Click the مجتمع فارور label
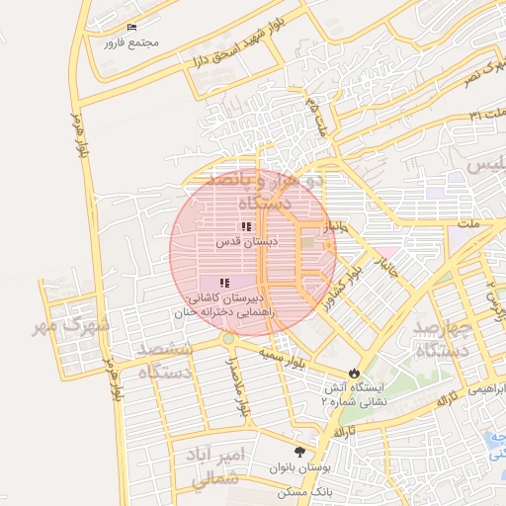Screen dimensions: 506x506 click(x=136, y=43)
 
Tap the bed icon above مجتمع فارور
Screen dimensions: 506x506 click(x=134, y=27)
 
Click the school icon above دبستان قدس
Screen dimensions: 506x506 click(x=245, y=226)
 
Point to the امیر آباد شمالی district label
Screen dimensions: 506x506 click(x=202, y=465)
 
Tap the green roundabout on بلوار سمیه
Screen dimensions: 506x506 click(x=228, y=339)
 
